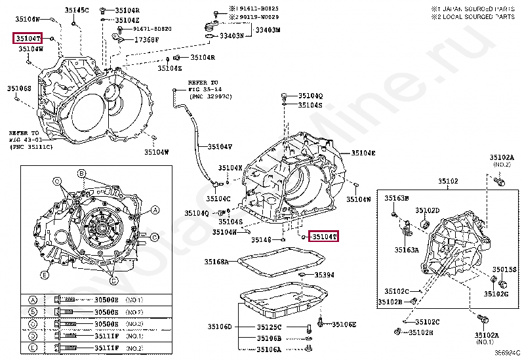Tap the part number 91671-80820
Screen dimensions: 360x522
152,29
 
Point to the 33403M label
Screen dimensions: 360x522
268,30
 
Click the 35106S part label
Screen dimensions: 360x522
19,88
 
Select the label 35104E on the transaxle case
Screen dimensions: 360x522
363,153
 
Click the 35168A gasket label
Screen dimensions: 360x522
216,262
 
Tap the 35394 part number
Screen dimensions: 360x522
324,275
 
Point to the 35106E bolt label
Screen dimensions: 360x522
344,324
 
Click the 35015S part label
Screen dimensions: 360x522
505,270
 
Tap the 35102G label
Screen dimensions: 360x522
496,294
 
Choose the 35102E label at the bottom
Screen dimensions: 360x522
420,332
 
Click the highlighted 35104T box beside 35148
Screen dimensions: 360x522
324,236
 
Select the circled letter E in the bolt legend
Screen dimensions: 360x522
32,335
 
